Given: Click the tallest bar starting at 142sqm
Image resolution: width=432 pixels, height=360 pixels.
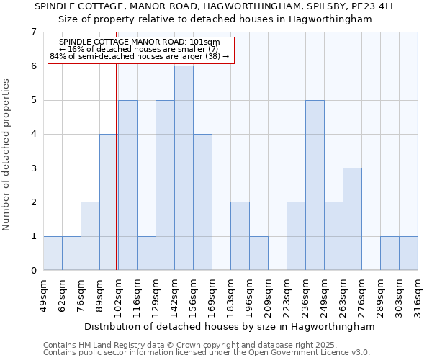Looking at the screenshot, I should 184,168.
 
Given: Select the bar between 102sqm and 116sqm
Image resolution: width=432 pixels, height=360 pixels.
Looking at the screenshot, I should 127,185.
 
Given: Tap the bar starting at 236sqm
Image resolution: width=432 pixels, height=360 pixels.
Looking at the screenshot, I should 315,185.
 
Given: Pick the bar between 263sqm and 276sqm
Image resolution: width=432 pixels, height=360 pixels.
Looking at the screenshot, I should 352,219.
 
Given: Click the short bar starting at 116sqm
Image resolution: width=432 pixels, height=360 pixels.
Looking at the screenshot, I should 146,253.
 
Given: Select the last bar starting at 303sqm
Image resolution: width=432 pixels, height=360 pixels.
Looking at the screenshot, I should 408,253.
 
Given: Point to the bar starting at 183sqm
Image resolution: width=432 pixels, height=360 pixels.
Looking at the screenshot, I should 240,236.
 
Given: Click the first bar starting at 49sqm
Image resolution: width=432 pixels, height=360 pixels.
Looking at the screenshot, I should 53,253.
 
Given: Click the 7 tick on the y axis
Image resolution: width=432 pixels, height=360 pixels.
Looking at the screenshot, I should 33,32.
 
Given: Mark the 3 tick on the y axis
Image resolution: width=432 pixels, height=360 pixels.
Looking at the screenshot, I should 33,168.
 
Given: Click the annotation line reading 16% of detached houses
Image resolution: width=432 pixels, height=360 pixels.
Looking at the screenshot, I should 139,49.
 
